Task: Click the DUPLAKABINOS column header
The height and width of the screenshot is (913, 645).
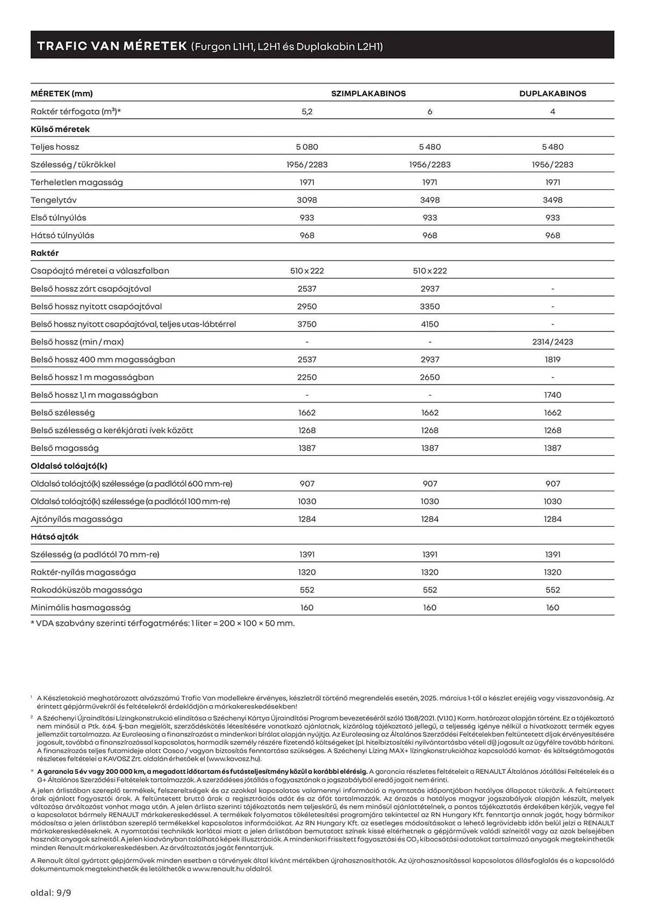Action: point(552,94)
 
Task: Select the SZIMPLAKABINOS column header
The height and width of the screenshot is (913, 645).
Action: point(368,94)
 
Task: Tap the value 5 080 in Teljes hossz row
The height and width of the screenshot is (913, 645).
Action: point(307,147)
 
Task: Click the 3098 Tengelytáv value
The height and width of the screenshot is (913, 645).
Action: point(307,200)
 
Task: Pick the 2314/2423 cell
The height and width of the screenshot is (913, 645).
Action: point(552,342)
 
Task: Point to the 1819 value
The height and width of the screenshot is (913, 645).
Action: point(552,360)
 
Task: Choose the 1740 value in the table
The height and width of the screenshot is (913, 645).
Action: point(552,395)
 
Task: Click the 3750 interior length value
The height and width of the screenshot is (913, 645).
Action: point(307,324)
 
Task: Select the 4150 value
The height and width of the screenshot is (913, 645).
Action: point(430,324)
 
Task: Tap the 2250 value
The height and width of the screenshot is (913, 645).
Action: point(307,377)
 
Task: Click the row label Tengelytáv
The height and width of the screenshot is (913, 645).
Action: point(54,200)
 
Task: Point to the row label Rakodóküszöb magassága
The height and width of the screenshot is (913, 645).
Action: point(86,590)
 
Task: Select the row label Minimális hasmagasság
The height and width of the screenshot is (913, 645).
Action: point(81,608)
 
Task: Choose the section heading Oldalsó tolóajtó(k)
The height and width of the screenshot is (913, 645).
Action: point(69,466)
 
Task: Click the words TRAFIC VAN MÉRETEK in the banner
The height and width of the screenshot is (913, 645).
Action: point(112,46)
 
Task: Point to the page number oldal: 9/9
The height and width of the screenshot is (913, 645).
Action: point(51,892)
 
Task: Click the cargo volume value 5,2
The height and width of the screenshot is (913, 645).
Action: point(307,111)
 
